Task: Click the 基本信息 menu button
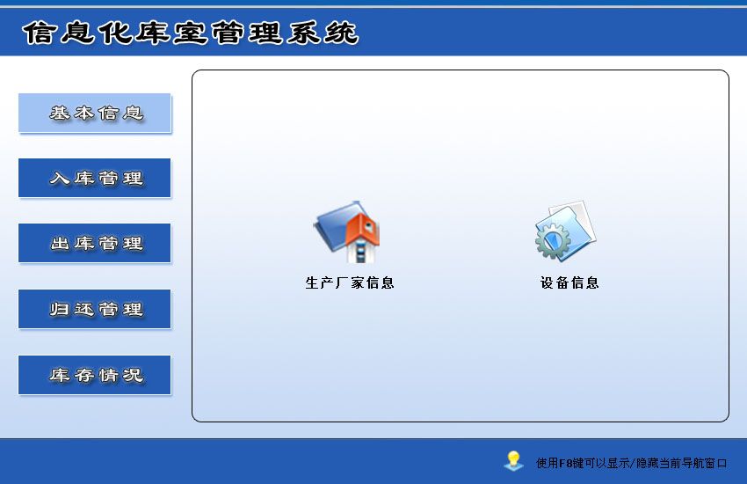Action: click(x=94, y=113)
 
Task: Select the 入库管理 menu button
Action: click(x=94, y=178)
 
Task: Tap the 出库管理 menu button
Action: click(x=94, y=243)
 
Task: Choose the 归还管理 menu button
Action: click(x=94, y=309)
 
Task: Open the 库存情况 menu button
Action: click(x=94, y=375)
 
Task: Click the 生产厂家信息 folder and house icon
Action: click(x=348, y=231)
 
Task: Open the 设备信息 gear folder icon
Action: click(x=565, y=231)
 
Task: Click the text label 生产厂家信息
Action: click(x=350, y=282)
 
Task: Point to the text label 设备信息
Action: click(x=569, y=282)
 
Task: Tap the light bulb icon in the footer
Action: click(x=513, y=460)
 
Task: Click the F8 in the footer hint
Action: click(x=565, y=463)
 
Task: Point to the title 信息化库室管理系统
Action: click(x=190, y=33)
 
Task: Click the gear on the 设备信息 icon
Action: click(x=553, y=241)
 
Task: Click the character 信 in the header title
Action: click(x=39, y=33)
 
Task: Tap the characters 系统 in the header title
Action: click(x=323, y=33)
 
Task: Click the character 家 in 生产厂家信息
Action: click(x=358, y=282)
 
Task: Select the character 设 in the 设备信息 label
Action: click(x=547, y=282)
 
